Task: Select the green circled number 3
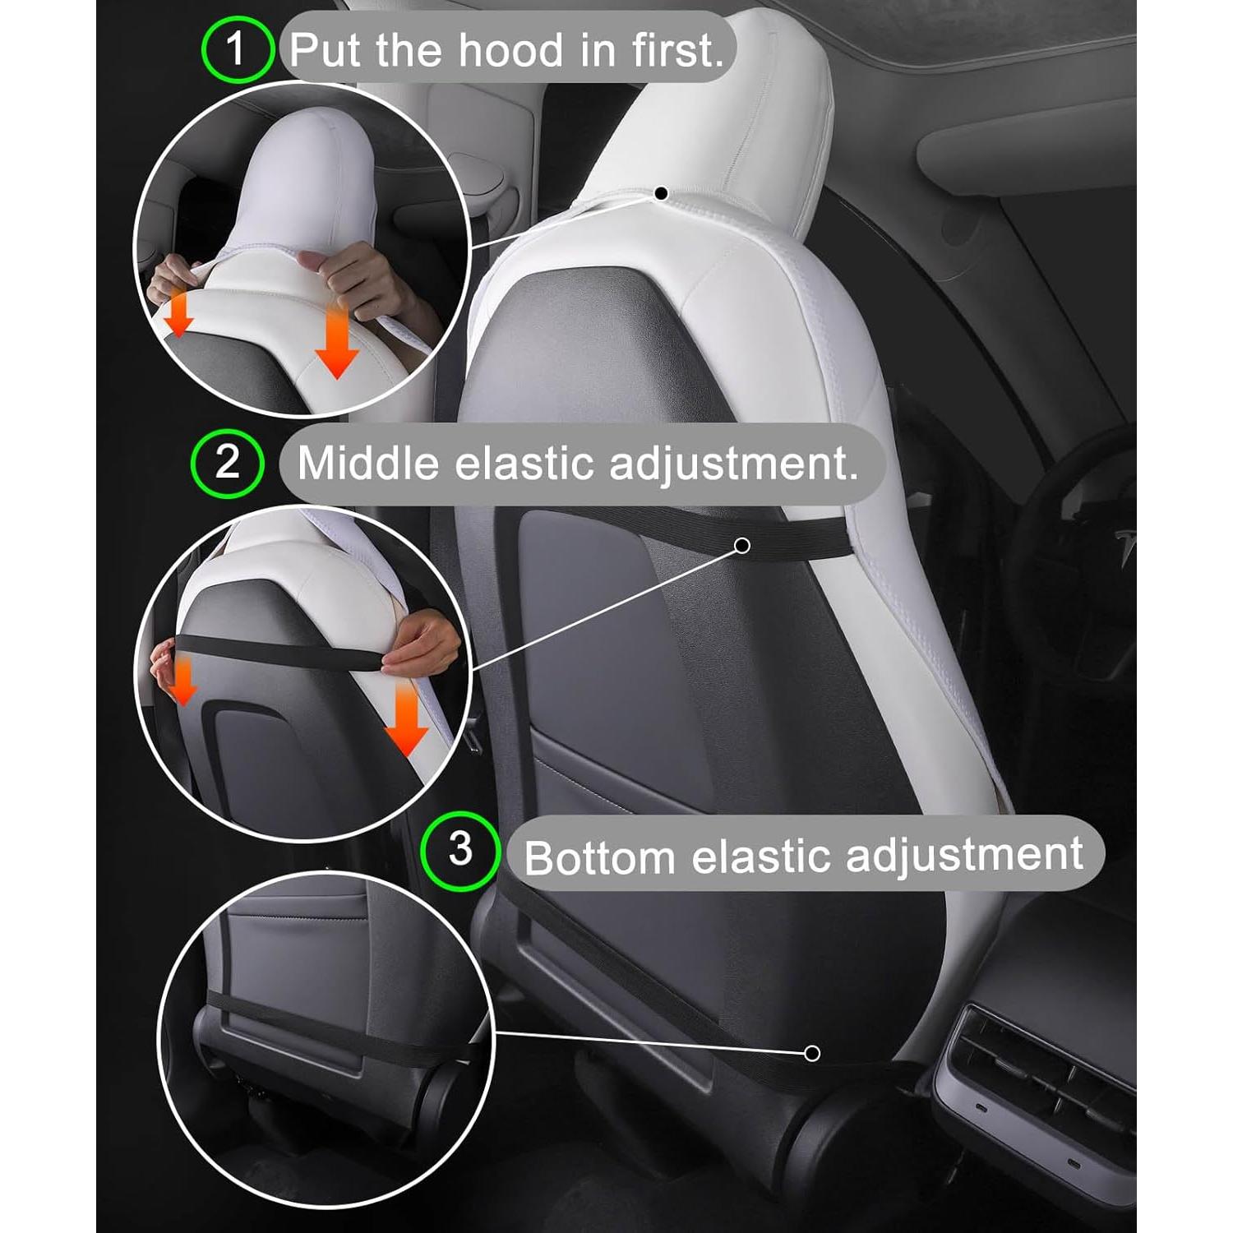460,851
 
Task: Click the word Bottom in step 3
599,858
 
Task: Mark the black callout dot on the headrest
661,193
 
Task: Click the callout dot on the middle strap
742,545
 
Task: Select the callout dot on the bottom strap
812,1053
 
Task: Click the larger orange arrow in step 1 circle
337,344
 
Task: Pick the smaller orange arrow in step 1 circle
179,316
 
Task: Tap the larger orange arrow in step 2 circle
406,721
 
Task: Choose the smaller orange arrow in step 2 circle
183,681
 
